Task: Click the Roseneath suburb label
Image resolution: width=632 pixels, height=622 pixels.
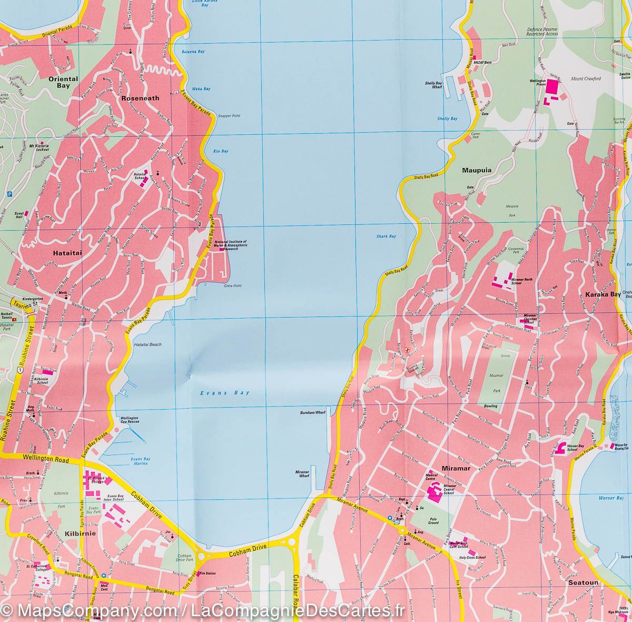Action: pos(140,98)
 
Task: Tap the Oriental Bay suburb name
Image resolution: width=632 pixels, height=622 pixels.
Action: pos(63,82)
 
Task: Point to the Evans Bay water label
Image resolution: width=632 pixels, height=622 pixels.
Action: pos(225,393)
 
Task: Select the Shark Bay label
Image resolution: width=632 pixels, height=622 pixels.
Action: pos(386,236)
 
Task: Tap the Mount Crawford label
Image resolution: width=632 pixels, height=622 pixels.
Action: pos(586,79)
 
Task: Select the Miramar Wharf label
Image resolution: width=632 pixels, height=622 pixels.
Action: pos(302,472)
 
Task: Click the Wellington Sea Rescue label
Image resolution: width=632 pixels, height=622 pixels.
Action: pos(130,420)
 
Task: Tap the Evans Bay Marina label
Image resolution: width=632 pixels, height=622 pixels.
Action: pos(140,461)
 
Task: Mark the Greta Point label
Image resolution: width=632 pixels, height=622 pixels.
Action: pos(232,286)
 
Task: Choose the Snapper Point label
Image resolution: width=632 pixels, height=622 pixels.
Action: pos(229,115)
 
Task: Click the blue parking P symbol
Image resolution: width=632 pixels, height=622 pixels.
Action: pos(9,194)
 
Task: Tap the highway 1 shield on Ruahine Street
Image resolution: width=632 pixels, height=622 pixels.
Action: pos(19,371)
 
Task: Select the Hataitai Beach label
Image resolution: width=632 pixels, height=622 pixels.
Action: pos(148,344)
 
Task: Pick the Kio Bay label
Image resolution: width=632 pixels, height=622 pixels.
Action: pos(221,151)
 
